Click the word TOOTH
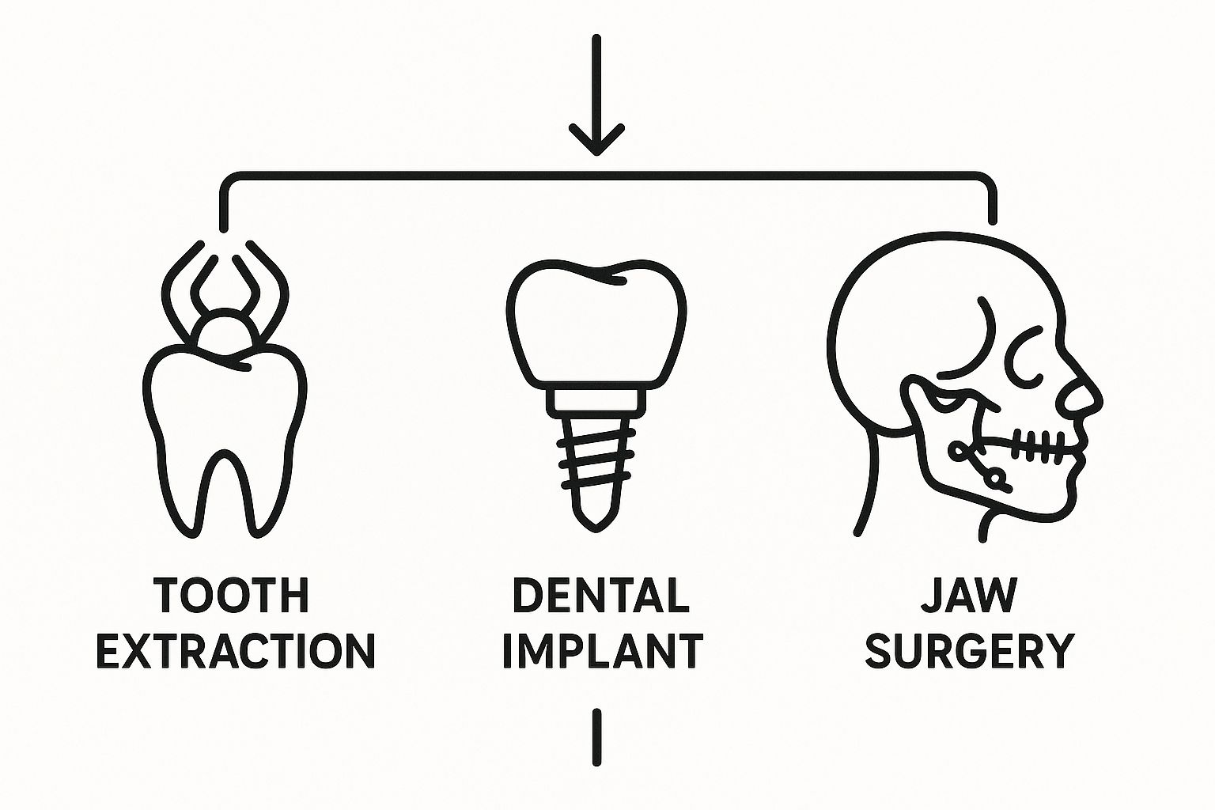[231, 596]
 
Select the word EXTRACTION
[235, 651]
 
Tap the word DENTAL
[600, 596]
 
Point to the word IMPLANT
[602, 651]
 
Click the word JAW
[969, 596]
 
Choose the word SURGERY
[969, 651]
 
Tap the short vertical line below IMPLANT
[596, 737]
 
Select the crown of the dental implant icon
[596, 324]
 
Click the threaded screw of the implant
[596, 463]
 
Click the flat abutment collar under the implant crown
[596, 400]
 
